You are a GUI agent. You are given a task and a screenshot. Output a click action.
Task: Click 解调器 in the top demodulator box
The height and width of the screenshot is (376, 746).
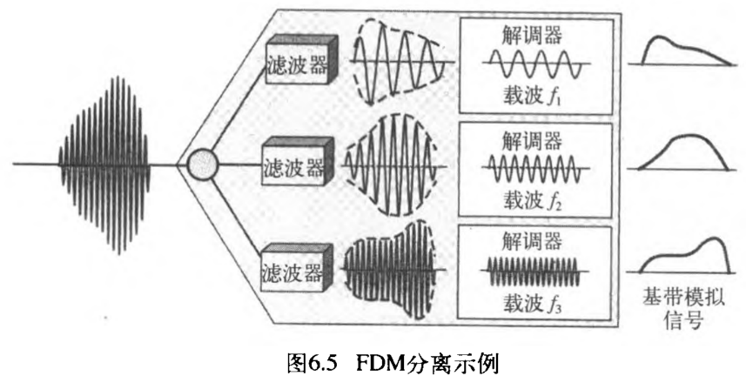pyautogui.click(x=532, y=37)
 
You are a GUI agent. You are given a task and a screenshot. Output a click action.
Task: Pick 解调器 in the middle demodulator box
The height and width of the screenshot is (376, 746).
pyautogui.click(x=532, y=139)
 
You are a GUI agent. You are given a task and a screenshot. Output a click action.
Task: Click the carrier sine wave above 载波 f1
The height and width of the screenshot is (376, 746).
pyautogui.click(x=532, y=65)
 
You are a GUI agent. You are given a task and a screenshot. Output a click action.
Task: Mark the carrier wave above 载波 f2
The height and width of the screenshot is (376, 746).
pyautogui.click(x=532, y=167)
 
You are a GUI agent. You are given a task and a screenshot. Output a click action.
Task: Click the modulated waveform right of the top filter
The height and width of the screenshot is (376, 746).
pyautogui.click(x=400, y=61)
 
